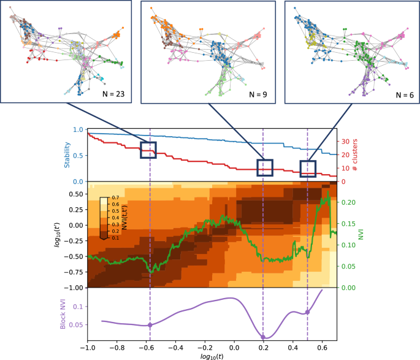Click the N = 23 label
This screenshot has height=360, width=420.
click(115, 94)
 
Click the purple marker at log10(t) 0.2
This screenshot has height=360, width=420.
click(263, 337)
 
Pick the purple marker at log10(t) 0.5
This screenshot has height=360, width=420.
click(308, 312)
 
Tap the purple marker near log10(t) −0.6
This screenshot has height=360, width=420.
click(150, 325)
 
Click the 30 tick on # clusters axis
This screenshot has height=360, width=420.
click(345, 142)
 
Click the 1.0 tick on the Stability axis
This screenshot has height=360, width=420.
click(77, 130)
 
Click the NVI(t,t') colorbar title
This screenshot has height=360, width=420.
click(130, 218)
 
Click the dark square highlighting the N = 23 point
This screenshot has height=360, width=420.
click(148, 150)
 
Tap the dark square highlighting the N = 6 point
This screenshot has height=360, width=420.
click(307, 168)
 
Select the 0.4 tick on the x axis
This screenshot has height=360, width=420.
click(292, 347)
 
